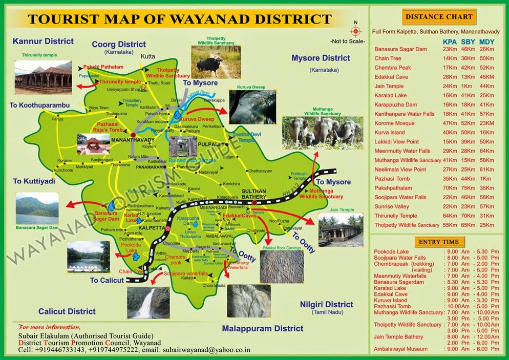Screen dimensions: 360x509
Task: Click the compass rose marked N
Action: click(x=356, y=29)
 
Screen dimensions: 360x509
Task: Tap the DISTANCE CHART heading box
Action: click(x=439, y=17)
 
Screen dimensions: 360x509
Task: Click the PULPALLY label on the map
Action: click(x=212, y=144)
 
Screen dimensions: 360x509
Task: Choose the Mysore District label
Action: click(x=321, y=58)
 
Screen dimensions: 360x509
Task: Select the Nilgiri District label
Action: click(x=326, y=305)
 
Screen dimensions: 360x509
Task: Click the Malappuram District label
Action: click(x=263, y=328)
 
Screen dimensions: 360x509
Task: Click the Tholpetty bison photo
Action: click(x=211, y=62)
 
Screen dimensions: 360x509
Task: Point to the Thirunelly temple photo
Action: click(x=43, y=75)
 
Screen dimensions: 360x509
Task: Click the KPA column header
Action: click(x=450, y=40)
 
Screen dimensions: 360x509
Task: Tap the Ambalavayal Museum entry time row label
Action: click(x=400, y=349)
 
